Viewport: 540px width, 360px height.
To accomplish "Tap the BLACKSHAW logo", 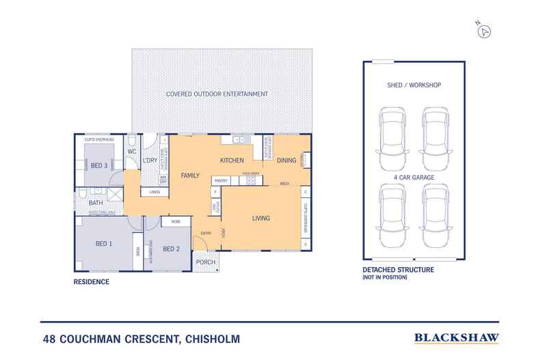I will pos(457,337).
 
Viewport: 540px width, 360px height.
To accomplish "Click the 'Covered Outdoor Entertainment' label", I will pos(217,94).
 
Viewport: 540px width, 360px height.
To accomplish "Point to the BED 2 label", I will pos(172,249).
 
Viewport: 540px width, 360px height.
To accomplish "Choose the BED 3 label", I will pos(99,166).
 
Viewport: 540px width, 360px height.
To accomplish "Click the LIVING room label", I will pos(261,219).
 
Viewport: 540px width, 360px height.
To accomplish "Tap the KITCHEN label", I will pos(232,161).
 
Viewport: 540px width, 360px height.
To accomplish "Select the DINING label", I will pos(286,161).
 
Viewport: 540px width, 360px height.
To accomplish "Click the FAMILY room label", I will pos(190,176).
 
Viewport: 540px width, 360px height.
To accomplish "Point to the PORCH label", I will pos(205,262).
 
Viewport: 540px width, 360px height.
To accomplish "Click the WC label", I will pos(133,151).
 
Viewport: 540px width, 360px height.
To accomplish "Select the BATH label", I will pos(95,203).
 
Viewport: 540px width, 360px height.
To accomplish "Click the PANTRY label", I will pos(220,180).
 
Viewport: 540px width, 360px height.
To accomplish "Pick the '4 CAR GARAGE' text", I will pos(415,178).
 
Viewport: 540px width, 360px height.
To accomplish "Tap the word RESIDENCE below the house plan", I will pos(92,281).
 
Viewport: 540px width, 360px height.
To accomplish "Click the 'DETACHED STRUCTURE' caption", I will pos(398,271).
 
